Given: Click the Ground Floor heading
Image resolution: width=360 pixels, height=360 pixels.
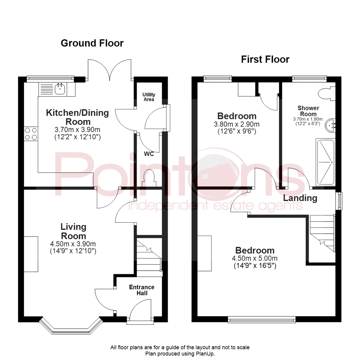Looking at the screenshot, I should (x=92, y=43).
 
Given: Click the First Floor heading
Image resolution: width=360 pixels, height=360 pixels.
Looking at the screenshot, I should (x=265, y=59).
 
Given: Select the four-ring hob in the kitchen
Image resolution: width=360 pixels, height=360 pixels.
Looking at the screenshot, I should (x=31, y=133).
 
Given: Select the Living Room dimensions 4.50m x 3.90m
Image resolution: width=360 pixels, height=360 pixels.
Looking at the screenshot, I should (x=73, y=244).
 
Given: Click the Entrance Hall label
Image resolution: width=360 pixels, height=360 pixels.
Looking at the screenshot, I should (x=142, y=290).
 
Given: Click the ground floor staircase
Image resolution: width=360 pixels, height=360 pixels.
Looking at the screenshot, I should (x=149, y=257).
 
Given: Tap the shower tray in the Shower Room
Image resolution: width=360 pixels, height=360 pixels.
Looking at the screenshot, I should (x=325, y=162).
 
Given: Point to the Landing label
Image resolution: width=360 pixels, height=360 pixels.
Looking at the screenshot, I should (x=300, y=198).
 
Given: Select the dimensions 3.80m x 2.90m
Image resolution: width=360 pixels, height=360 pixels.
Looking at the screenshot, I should (x=237, y=124).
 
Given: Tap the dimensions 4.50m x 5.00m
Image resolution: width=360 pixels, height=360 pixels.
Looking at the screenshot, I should (x=255, y=258).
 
